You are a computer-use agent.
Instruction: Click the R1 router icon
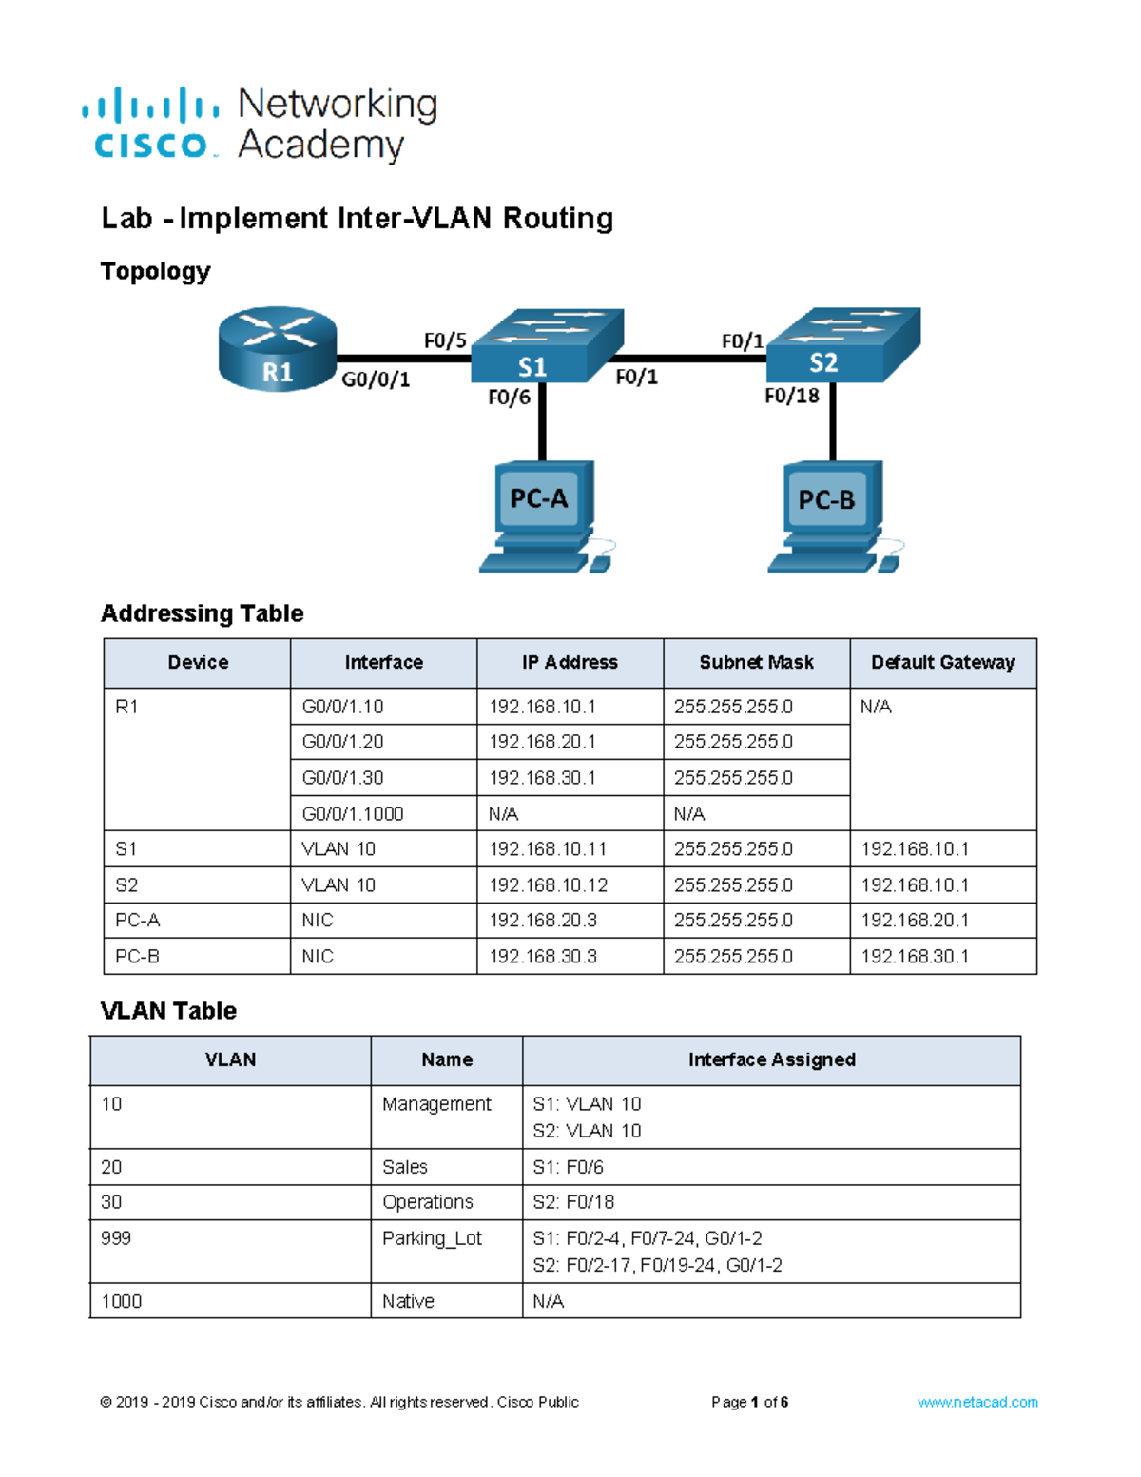coord(277,348)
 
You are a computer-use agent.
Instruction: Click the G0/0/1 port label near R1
coord(376,379)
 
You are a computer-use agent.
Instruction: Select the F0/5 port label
coord(445,340)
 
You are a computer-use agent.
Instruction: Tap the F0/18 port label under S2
coord(791,396)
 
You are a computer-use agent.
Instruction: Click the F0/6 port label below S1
coord(509,398)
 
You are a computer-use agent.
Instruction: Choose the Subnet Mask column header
coord(756,663)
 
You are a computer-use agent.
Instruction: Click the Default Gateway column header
coord(942,663)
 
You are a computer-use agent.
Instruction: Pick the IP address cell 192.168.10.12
coord(548,885)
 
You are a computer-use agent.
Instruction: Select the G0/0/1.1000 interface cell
coord(353,814)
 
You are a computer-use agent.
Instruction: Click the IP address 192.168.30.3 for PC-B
coord(543,957)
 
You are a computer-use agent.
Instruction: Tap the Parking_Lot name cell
coord(432,1238)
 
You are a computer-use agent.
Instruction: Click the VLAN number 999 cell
coord(116,1238)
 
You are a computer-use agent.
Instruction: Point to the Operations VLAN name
coord(427,1202)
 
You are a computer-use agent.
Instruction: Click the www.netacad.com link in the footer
coord(977,1402)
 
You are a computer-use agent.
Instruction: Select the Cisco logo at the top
coord(150,124)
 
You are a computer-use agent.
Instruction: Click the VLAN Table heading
coord(168,1011)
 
